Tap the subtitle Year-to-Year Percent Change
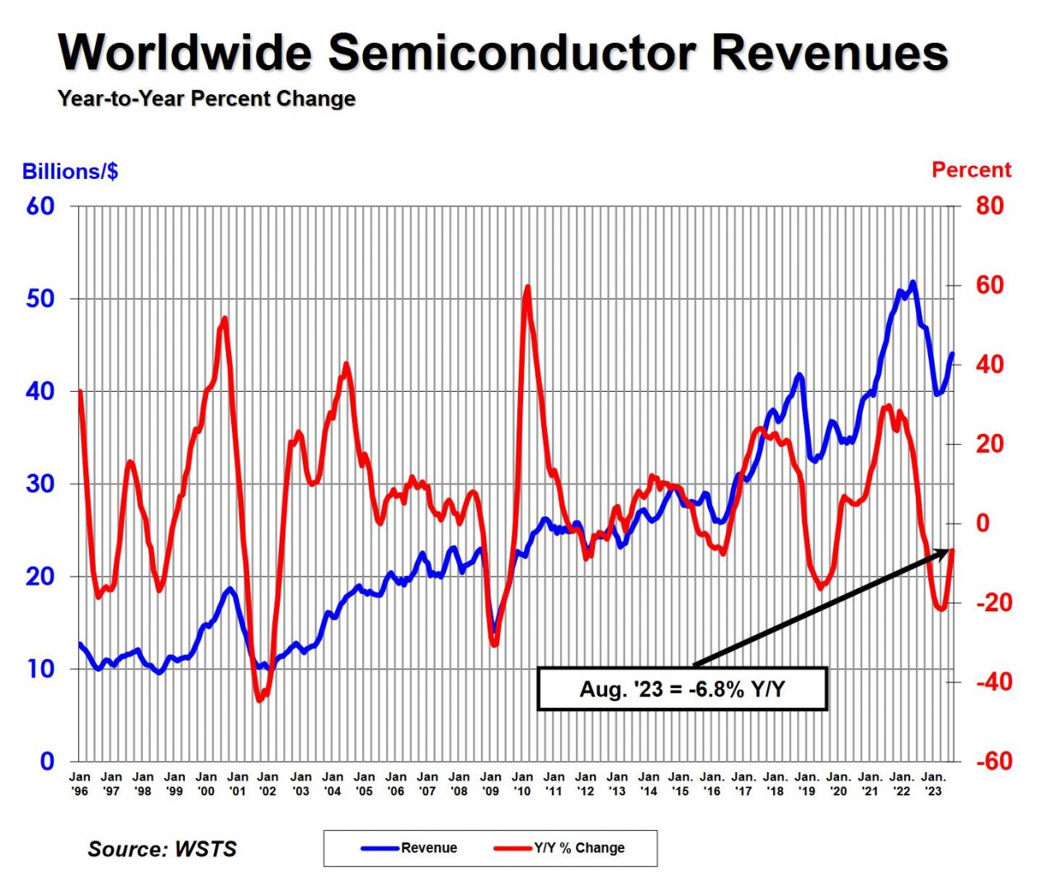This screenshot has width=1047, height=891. coord(206,99)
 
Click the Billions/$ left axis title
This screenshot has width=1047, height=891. coord(70,172)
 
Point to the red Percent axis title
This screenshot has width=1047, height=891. coord(971,170)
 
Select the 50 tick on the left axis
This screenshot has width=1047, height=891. coord(40,299)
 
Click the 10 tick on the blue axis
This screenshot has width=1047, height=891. coord(40,669)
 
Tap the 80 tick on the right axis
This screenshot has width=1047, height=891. coord(989,205)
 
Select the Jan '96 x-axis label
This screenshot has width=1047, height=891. coord(80,784)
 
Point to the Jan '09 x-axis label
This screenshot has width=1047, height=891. coord(491,784)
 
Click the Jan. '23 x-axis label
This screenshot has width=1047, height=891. coord(934,784)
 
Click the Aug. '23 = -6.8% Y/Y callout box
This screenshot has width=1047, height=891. coord(681,689)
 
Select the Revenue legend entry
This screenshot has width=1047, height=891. coord(410,848)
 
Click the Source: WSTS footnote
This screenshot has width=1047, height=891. coord(162,849)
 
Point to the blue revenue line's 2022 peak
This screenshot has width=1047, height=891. coord(912,283)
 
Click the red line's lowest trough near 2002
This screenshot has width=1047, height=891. coord(259,700)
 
